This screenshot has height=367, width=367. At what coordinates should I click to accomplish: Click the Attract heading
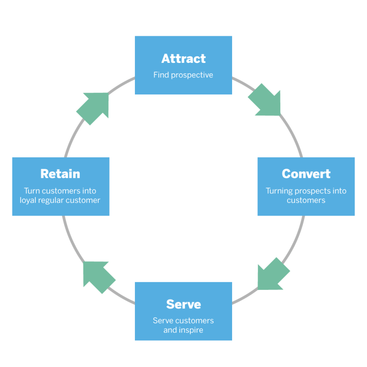pyautogui.click(x=183, y=59)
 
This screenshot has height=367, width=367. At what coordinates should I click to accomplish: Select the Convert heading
pyautogui.click(x=306, y=174)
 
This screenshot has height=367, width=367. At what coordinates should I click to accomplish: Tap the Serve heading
pyautogui.click(x=183, y=305)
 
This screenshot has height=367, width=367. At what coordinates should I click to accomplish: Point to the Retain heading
pyautogui.click(x=60, y=174)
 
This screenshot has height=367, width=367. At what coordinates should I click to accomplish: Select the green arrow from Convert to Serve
pyautogui.click(x=272, y=274)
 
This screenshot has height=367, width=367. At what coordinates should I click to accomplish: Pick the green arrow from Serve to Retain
pyautogui.click(x=98, y=276)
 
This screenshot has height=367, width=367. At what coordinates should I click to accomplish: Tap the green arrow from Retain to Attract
pyautogui.click(x=94, y=107)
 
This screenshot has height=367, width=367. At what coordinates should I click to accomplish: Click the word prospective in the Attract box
pyautogui.click(x=192, y=75)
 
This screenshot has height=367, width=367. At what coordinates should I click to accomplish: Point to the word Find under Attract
pyautogui.click(x=161, y=75)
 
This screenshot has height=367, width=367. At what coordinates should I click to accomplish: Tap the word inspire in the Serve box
pyautogui.click(x=191, y=330)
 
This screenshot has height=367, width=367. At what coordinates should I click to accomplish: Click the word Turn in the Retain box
pyautogui.click(x=33, y=191)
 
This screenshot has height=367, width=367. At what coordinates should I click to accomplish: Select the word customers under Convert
pyautogui.click(x=306, y=200)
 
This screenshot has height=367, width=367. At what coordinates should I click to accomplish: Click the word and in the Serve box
pyautogui.click(x=170, y=330)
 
